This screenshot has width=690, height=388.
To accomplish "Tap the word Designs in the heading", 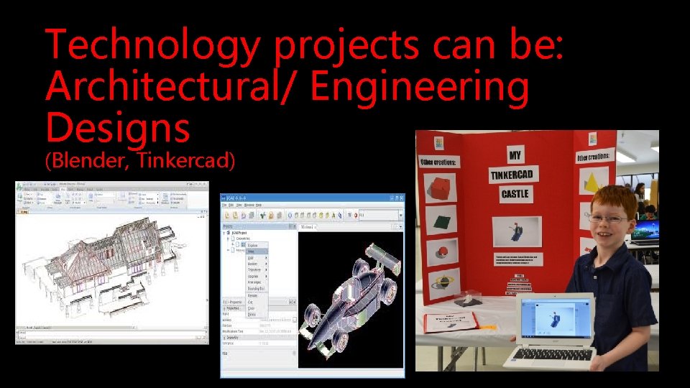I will pyautogui.click(x=118, y=129).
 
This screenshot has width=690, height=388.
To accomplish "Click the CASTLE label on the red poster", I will pyautogui.click(x=515, y=194).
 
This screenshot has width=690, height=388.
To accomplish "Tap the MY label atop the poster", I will pyautogui.click(x=515, y=154).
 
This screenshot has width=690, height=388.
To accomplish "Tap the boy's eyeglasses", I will pyautogui.click(x=609, y=218).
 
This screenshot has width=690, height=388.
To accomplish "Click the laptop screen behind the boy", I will pyautogui.click(x=646, y=231).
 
